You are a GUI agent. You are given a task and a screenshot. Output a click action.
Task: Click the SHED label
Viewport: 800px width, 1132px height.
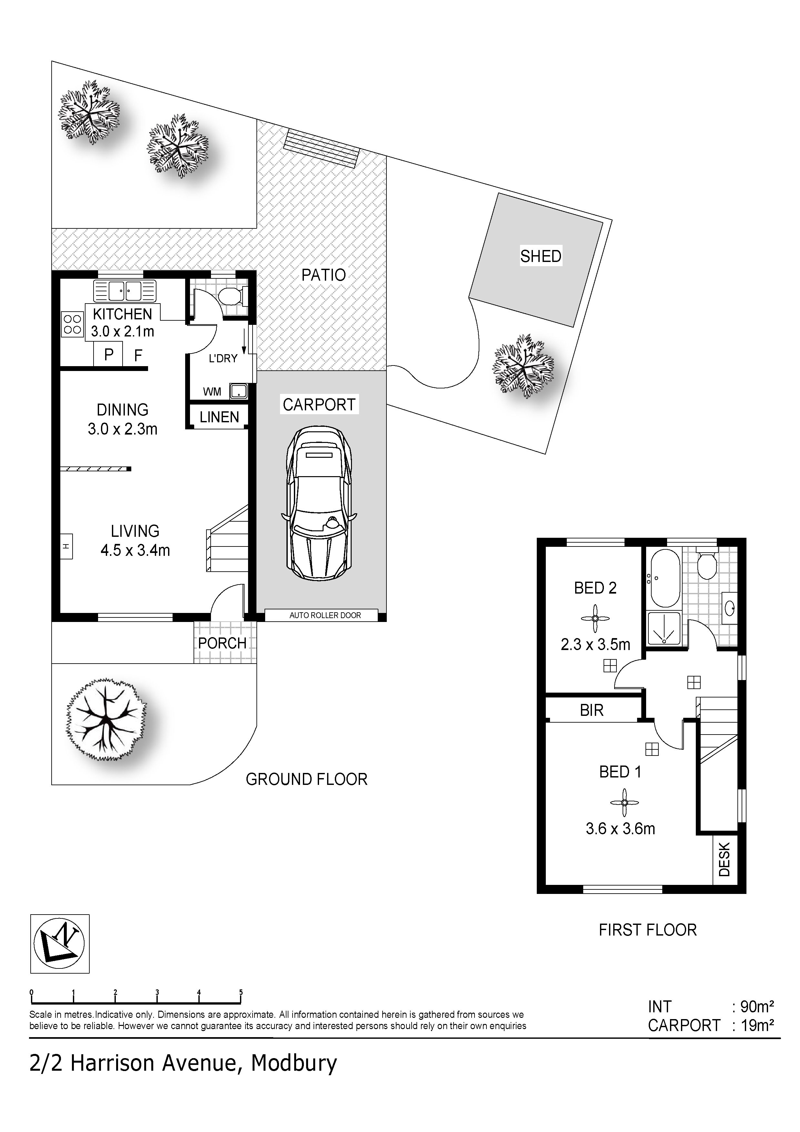pos(541,256)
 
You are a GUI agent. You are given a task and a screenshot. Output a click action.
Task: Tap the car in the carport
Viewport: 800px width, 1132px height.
pos(319,503)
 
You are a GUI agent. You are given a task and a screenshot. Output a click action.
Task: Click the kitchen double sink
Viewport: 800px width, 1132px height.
pos(125,291)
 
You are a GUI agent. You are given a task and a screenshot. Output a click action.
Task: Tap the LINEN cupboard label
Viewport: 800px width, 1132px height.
pos(219,417)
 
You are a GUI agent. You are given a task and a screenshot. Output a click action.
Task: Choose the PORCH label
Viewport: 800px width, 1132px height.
pos(222,643)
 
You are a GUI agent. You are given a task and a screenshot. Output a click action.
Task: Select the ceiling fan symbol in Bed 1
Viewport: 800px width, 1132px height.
pos(624,803)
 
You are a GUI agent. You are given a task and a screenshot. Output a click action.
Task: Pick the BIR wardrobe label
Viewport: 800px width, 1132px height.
pos(592,710)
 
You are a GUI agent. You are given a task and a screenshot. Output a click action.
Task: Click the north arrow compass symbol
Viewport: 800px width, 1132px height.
pos(60,944)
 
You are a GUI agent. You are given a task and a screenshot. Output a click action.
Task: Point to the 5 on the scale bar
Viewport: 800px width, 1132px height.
pos(241,992)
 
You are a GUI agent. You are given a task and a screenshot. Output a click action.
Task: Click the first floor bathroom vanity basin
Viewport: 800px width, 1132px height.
pos(729,606)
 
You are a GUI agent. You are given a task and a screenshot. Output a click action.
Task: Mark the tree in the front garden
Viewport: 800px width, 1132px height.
pos(106,720)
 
